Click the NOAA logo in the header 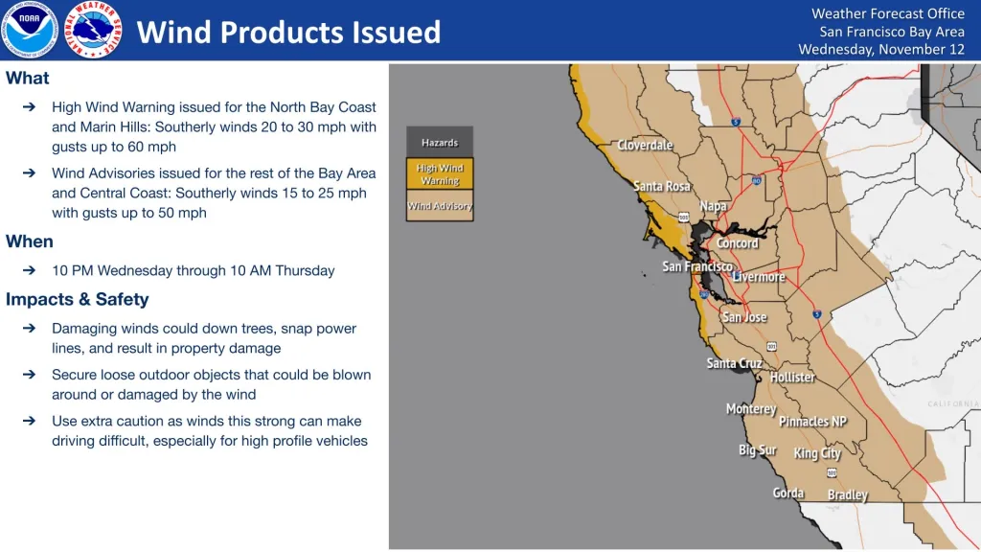pyautogui.click(x=30, y=30)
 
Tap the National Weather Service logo pyautogui.click(x=93, y=30)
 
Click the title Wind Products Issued pyautogui.click(x=288, y=32)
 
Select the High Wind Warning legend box pyautogui.click(x=440, y=174)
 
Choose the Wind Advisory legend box pyautogui.click(x=440, y=206)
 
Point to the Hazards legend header pyautogui.click(x=440, y=142)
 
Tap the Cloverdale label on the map pyautogui.click(x=645, y=146)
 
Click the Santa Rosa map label pyautogui.click(x=661, y=186)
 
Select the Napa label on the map pyautogui.click(x=713, y=206)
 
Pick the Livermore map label pyautogui.click(x=759, y=277)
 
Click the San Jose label pyautogui.click(x=744, y=317)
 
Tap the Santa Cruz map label pyautogui.click(x=735, y=363)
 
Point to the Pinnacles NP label pyautogui.click(x=812, y=422)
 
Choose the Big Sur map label pyautogui.click(x=757, y=450)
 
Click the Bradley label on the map pyautogui.click(x=848, y=495)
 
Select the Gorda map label pyautogui.click(x=788, y=494)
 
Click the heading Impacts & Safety pyautogui.click(x=77, y=299)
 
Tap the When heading pyautogui.click(x=30, y=241)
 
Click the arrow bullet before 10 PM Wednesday pyautogui.click(x=29, y=270)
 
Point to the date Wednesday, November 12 pyautogui.click(x=881, y=50)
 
